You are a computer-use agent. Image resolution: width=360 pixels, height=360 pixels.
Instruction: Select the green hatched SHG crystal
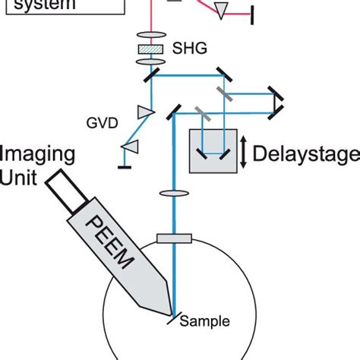[x=151, y=49]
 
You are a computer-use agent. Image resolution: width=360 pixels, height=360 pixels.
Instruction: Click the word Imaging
[x=38, y=154]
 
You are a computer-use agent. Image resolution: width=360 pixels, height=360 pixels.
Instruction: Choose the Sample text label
[x=204, y=321]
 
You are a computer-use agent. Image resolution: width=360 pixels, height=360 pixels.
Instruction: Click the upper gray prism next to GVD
[x=144, y=112]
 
